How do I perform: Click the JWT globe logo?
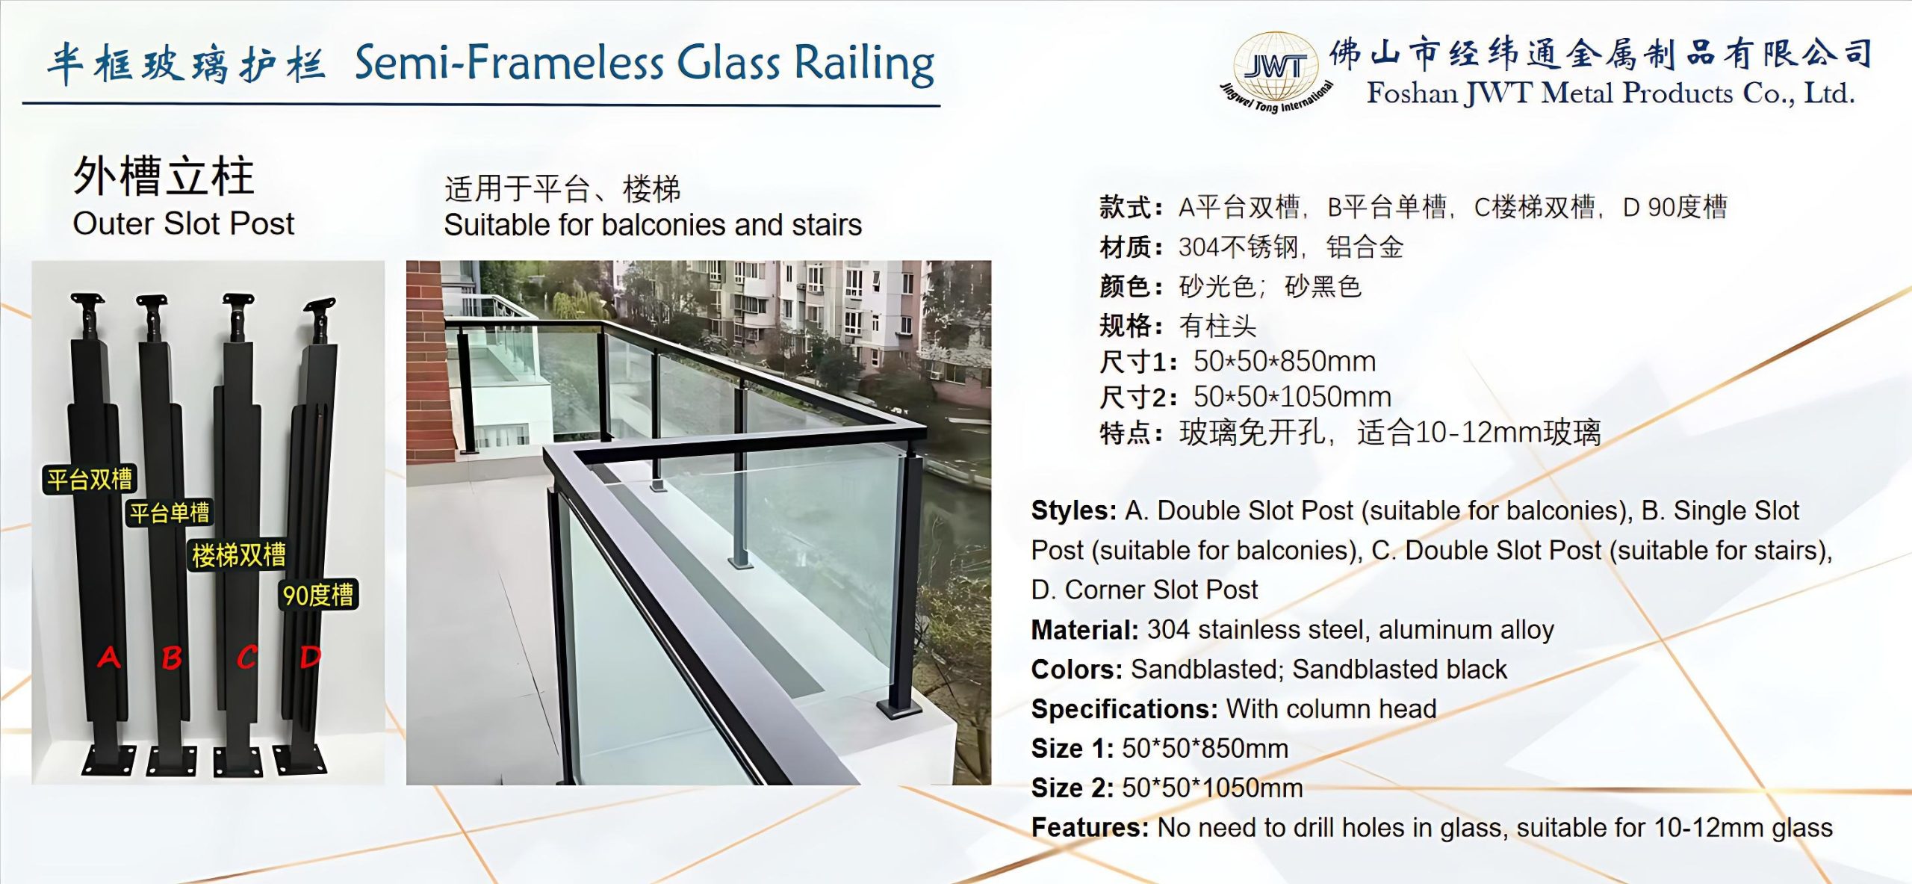tap(1276, 72)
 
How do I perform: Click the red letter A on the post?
tap(109, 657)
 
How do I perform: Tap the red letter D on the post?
tap(310, 657)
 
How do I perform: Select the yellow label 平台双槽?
tap(90, 479)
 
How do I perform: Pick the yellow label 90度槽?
tap(318, 595)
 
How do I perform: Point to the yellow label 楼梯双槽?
tap(238, 554)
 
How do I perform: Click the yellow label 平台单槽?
tap(170, 513)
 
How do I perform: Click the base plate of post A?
tap(109, 761)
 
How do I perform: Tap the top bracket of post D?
tap(320, 308)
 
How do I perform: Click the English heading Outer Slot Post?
tap(184, 223)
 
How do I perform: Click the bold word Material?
tap(1084, 630)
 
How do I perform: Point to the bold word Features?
tap(1090, 828)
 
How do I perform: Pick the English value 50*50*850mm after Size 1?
tap(1205, 748)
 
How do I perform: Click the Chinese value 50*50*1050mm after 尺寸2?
tap(1292, 397)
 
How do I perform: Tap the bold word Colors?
tap(1076, 670)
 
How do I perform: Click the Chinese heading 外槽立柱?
tap(164, 176)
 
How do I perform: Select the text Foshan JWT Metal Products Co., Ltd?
tap(1610, 94)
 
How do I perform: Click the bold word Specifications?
tap(1124, 708)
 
